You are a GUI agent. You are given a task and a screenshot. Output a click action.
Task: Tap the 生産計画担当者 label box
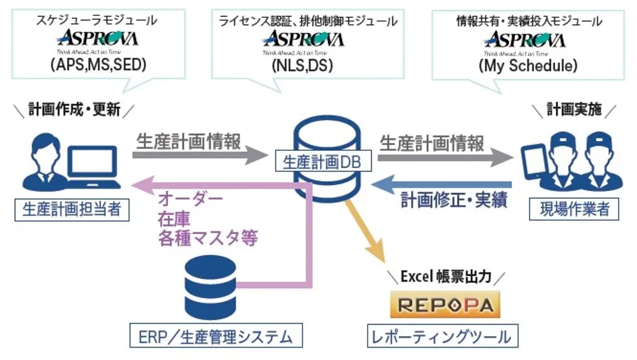pos(71,209)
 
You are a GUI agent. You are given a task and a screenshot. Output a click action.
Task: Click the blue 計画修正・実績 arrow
pos(440,184)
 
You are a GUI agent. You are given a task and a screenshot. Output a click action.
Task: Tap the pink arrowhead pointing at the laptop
pos(140,185)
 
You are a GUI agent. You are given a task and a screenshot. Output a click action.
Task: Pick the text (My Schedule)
pos(528,65)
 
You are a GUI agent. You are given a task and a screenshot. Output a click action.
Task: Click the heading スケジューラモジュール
pos(98,21)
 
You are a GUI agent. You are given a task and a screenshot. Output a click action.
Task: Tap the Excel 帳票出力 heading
pos(445,277)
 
